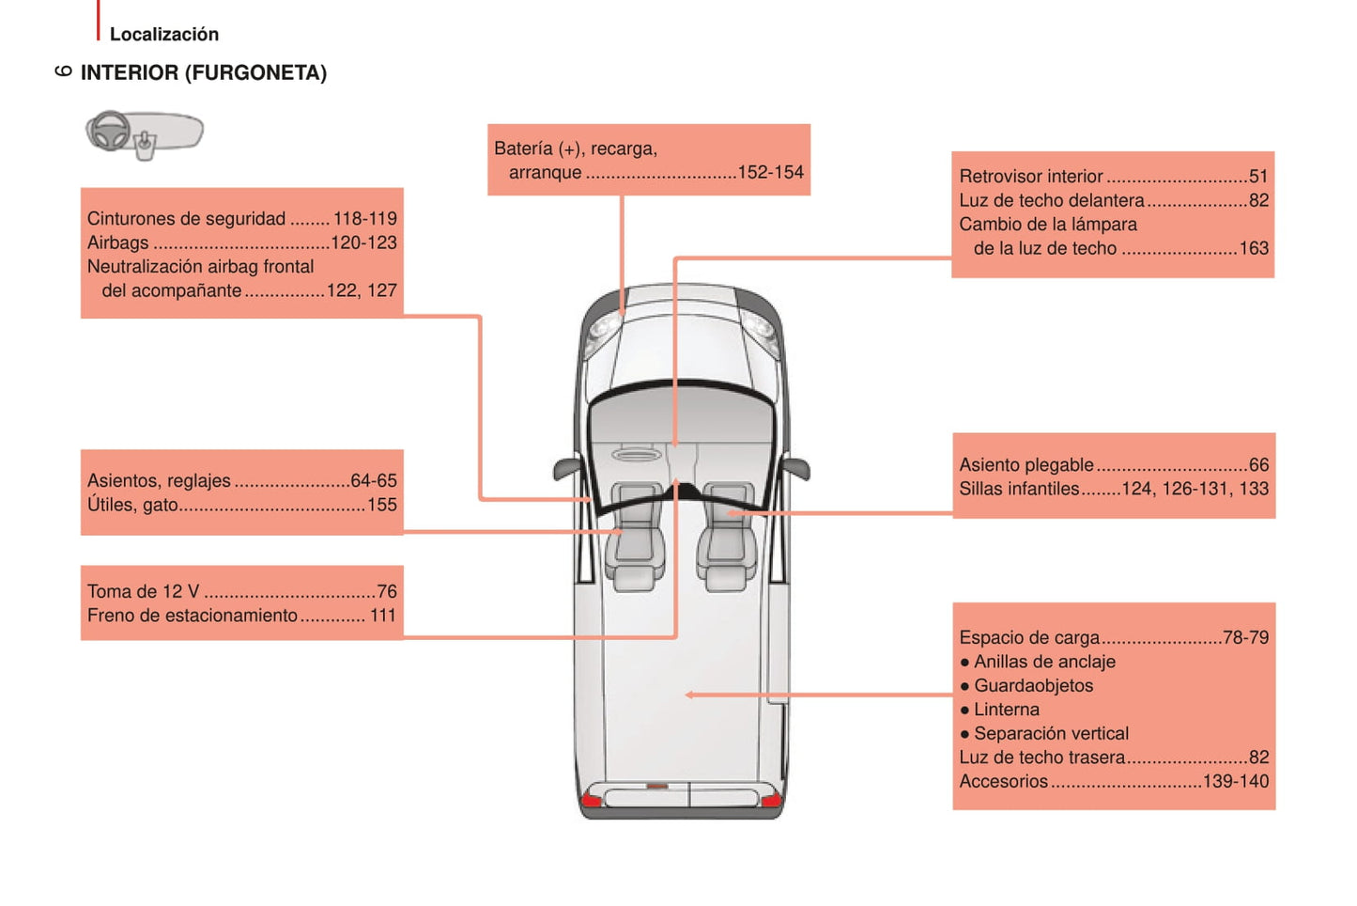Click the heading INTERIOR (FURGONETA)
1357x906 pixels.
click(203, 72)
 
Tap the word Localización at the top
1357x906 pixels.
click(164, 34)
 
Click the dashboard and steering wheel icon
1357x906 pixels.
click(144, 133)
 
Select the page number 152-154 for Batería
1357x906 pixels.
click(770, 172)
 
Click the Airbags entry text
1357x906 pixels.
click(118, 242)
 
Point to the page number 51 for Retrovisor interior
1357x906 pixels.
click(1258, 176)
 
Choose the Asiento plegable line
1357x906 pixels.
click(1026, 464)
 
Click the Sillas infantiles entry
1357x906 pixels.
click(1019, 489)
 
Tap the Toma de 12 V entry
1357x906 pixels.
click(144, 591)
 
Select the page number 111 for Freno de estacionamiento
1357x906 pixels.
click(382, 616)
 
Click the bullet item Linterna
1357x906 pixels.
click(1006, 710)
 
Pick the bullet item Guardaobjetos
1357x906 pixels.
click(1033, 685)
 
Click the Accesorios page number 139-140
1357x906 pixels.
click(1235, 781)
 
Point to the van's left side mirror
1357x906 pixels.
click(566, 467)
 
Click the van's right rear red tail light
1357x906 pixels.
click(770, 800)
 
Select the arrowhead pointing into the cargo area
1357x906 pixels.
click(690, 695)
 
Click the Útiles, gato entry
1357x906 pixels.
click(132, 505)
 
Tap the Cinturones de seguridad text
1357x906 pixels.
click(186, 219)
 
